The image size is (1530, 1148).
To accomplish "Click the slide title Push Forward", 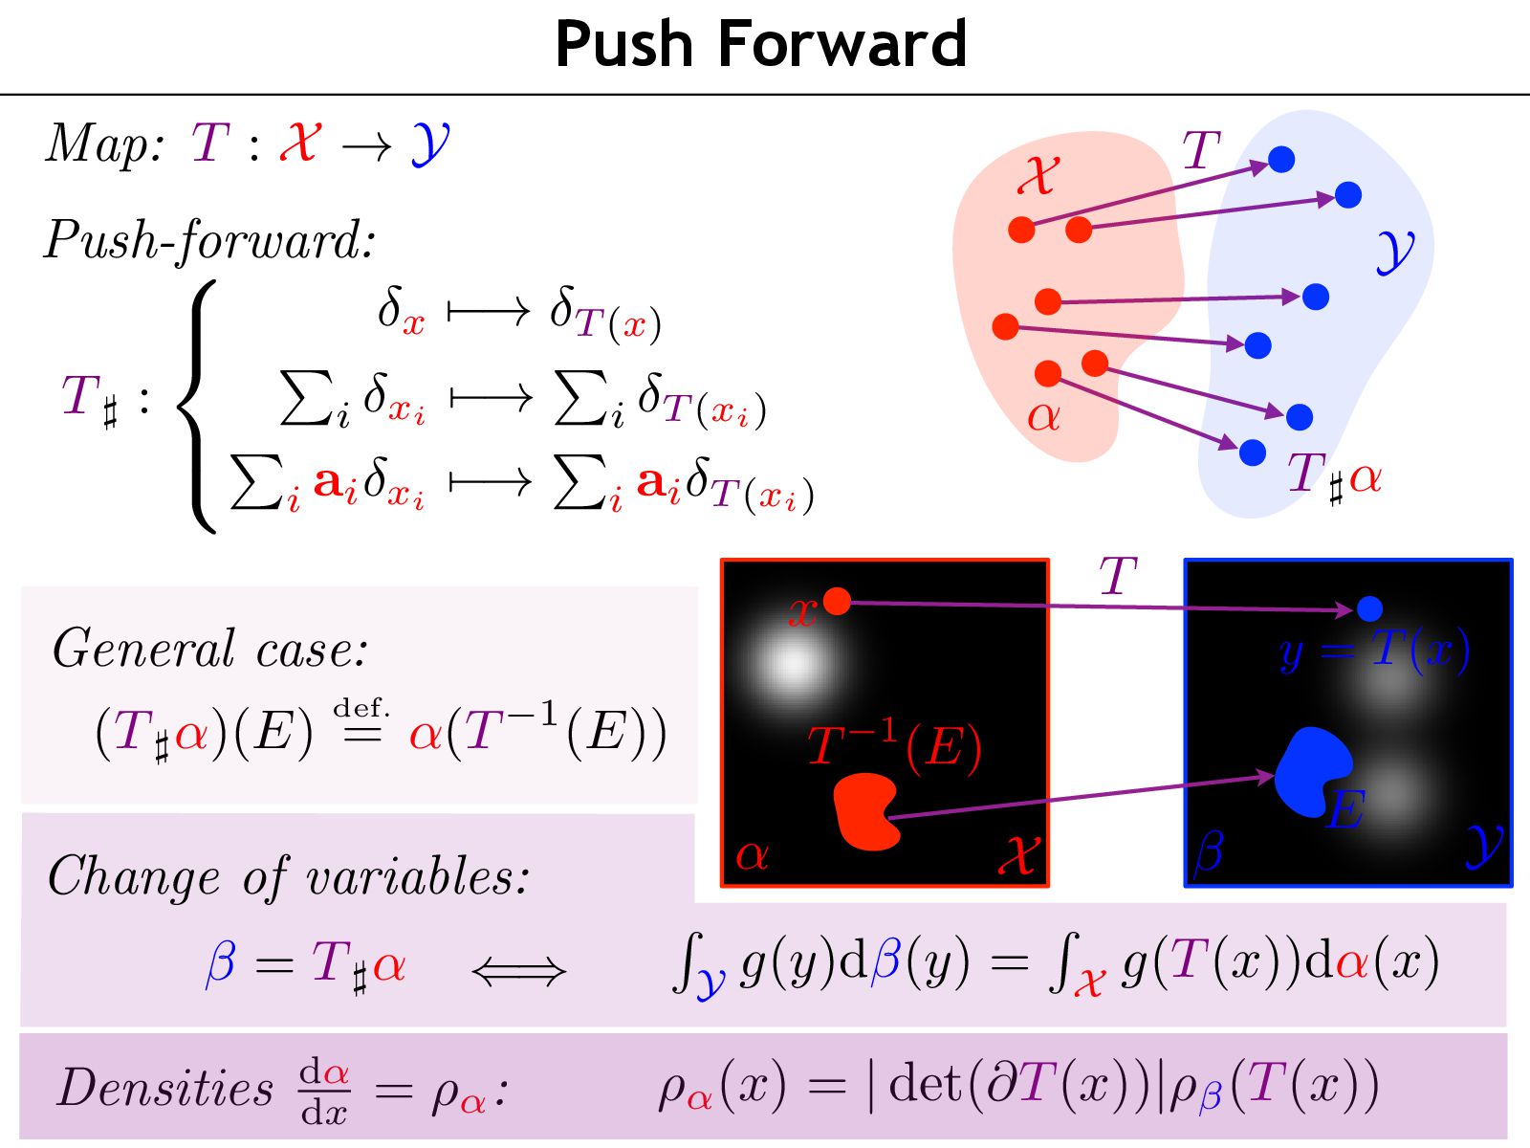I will point(760,44).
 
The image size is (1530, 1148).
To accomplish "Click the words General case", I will point(209,650).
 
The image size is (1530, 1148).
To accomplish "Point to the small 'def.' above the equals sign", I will point(361,709).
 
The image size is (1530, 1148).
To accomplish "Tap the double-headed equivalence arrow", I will point(519,972).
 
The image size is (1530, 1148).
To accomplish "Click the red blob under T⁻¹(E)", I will point(866,811).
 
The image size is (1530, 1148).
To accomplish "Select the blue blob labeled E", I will point(1311,770).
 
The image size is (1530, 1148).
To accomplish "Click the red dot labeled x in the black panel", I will point(837,601).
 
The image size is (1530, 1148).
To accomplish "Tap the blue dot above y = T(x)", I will point(1369,607).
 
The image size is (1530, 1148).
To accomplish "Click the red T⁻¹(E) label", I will point(894,746).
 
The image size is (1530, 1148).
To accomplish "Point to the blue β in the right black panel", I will point(1208,850).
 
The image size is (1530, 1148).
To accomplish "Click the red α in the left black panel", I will point(752,854).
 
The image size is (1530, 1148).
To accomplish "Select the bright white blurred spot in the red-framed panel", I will point(793,662).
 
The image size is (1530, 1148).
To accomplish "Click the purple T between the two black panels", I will point(1117,577).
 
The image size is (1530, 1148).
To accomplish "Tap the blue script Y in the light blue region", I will point(1395,251).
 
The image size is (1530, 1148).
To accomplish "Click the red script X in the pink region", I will point(1038,175).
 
